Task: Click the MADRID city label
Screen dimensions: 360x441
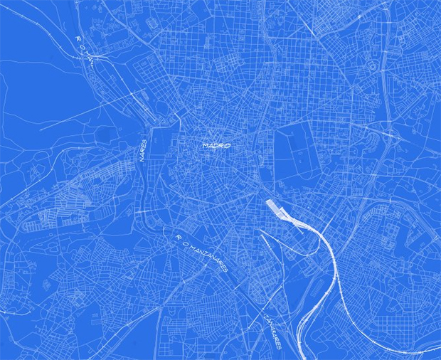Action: [x=217, y=145]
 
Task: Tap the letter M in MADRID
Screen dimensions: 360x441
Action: [x=206, y=145]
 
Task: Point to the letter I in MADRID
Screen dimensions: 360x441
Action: [x=224, y=145]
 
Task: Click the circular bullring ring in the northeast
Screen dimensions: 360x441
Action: [x=372, y=66]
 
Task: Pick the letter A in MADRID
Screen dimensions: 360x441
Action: [x=211, y=145]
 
